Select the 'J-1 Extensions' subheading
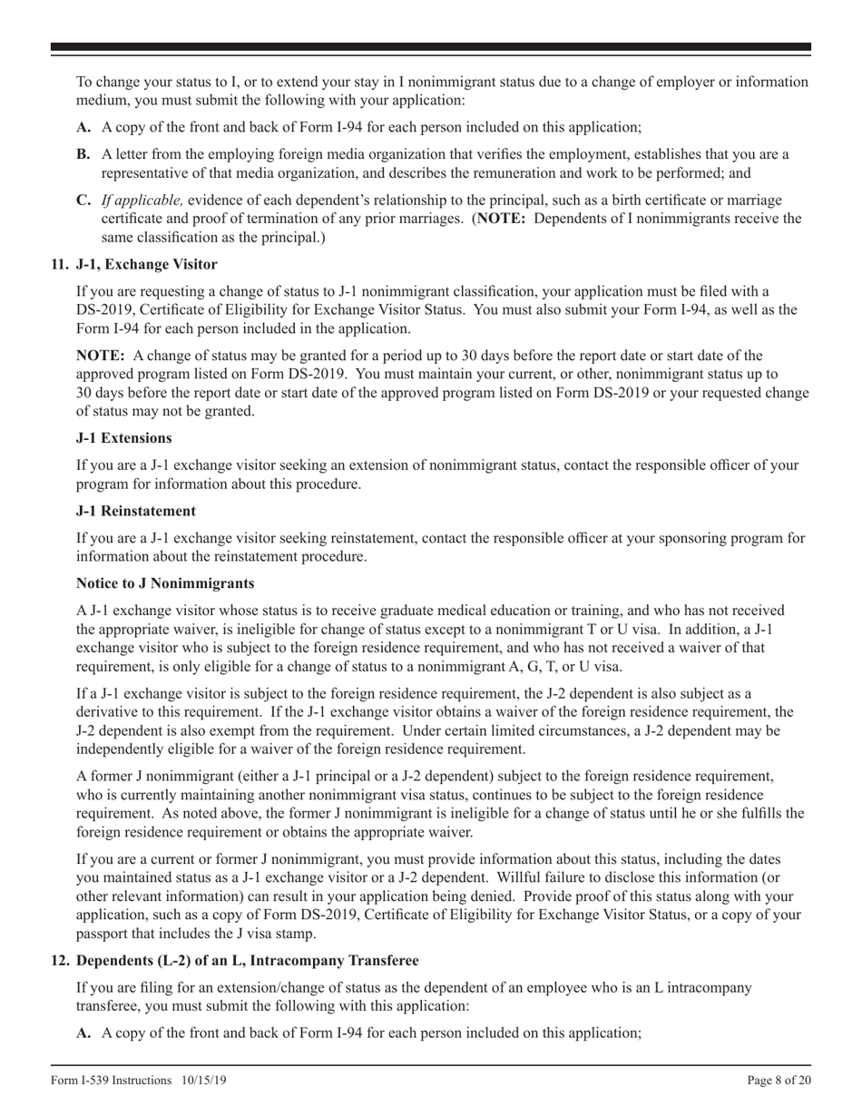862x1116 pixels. point(123,438)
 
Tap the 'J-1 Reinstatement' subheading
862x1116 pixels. point(135,512)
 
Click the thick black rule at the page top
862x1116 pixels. point(431,46)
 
